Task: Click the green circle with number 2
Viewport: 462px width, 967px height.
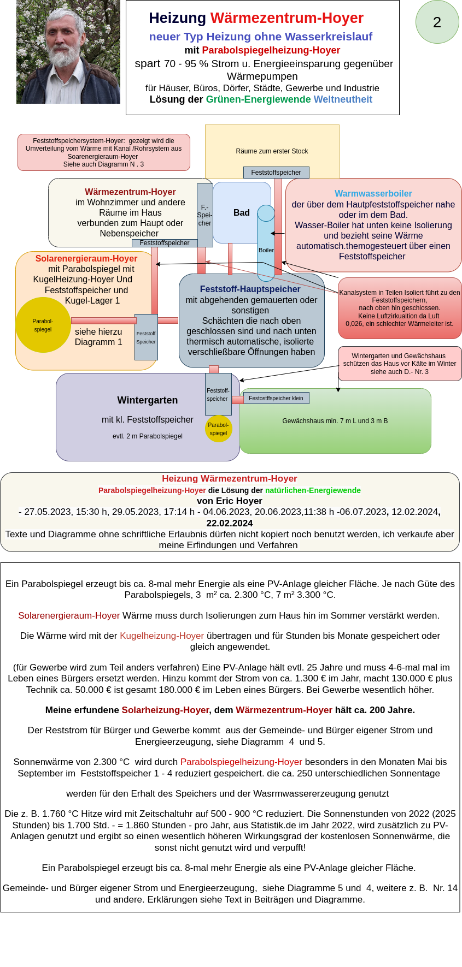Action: (x=437, y=22)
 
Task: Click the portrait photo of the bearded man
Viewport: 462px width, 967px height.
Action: (x=68, y=52)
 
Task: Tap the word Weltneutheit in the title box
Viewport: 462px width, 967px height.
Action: (x=343, y=99)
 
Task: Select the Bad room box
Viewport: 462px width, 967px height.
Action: (x=241, y=212)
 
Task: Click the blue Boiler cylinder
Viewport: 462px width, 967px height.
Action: (x=266, y=242)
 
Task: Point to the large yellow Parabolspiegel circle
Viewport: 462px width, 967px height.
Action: (x=43, y=325)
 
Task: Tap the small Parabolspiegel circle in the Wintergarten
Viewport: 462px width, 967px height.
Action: (x=218, y=429)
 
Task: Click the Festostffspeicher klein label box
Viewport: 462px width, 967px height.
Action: (x=276, y=398)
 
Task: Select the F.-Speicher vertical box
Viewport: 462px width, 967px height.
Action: (x=204, y=215)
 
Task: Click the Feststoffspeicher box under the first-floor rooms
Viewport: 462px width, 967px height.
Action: (x=276, y=173)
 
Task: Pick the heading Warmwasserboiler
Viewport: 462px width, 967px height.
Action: (x=373, y=193)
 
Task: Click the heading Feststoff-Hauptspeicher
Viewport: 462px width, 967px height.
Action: (x=250, y=289)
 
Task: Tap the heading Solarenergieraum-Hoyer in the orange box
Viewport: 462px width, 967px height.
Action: (x=86, y=258)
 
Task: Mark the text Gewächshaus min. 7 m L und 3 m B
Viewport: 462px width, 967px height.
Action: (x=335, y=421)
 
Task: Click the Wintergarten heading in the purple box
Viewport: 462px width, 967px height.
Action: (x=148, y=400)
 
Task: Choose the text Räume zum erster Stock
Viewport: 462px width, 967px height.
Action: (x=272, y=151)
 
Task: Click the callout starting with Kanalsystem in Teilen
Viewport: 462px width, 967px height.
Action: (x=400, y=308)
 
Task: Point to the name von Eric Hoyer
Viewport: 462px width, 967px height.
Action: (x=230, y=501)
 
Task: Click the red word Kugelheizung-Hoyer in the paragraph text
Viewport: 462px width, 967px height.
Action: (x=162, y=636)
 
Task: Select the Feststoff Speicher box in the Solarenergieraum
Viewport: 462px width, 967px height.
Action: (x=146, y=337)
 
